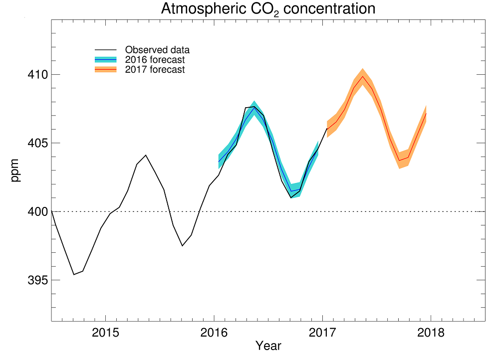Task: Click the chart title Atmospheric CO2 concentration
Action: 268,8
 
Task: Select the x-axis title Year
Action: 268,346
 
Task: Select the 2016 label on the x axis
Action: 214,333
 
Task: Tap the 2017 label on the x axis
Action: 322,333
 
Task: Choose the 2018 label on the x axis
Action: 431,333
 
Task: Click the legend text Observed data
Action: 157,50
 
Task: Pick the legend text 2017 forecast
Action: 155,70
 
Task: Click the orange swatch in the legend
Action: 105,70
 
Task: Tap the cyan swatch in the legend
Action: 105,60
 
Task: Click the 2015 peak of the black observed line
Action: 146,155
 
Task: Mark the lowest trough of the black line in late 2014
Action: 74,275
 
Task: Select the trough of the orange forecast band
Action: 400,160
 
